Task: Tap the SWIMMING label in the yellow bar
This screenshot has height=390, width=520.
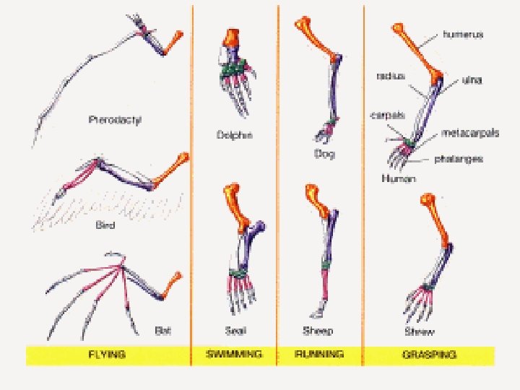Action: click(x=234, y=355)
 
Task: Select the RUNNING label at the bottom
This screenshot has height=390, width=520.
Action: click(x=320, y=355)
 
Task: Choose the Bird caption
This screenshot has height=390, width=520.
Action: click(x=105, y=225)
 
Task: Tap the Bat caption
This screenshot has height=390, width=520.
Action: click(x=163, y=330)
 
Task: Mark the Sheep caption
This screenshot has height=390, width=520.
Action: click(x=318, y=331)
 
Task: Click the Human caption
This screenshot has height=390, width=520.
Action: click(x=396, y=177)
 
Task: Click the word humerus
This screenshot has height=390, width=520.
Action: click(x=463, y=34)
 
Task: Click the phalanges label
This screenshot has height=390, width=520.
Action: click(x=462, y=158)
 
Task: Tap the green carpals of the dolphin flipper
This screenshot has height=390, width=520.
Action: click(x=233, y=68)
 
